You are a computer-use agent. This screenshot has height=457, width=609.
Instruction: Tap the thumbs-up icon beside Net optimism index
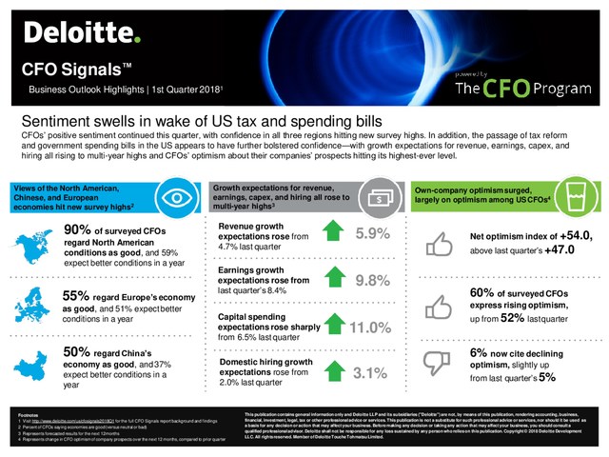(x=436, y=246)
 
